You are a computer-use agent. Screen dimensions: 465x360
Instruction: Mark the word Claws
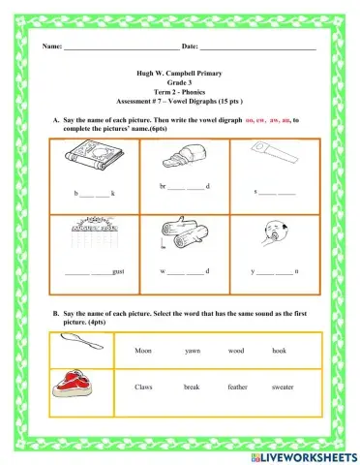point(144,387)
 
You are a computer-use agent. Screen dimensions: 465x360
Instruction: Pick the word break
point(192,387)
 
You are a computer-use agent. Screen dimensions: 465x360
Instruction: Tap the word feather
point(237,387)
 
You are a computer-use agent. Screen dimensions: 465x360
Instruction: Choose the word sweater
point(282,387)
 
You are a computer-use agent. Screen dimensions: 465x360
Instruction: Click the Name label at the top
point(51,46)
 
